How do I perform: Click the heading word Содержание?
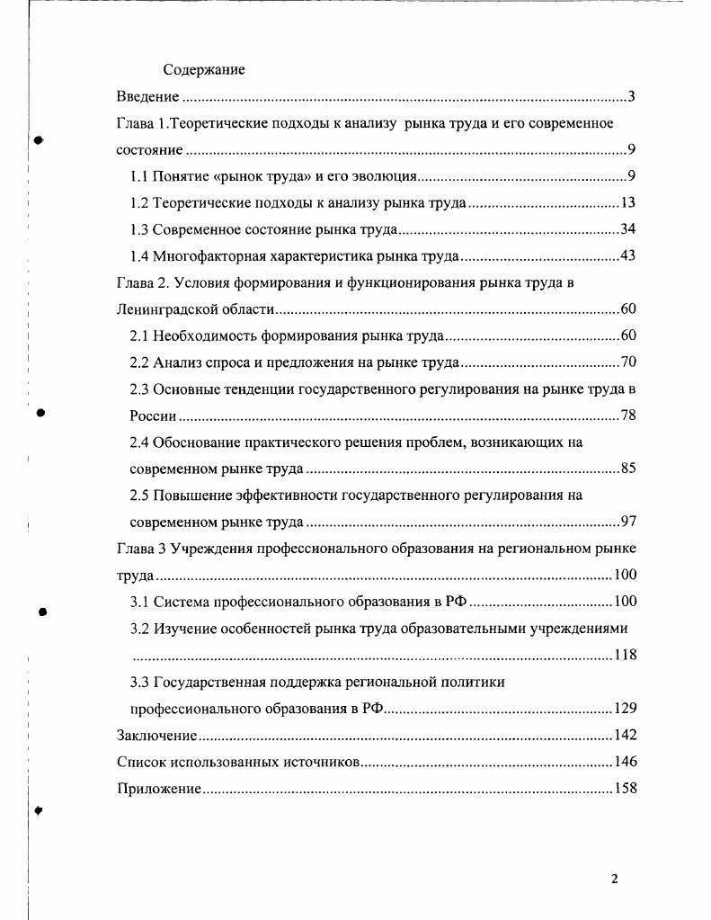click(204, 69)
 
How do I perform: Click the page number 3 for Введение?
click(632, 96)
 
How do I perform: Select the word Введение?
click(148, 96)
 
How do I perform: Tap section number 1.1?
click(139, 175)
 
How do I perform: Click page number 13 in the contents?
click(627, 202)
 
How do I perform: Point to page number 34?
click(627, 229)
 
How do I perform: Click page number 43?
click(627, 256)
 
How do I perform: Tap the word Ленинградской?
click(168, 310)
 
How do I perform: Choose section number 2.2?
click(139, 362)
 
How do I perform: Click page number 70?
click(627, 362)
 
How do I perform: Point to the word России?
click(153, 416)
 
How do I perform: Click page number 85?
click(627, 469)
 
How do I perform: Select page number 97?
click(627, 522)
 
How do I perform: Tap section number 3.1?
click(139, 602)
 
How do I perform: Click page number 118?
click(625, 655)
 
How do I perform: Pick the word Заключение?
click(156, 736)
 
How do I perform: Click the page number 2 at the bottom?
click(614, 879)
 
